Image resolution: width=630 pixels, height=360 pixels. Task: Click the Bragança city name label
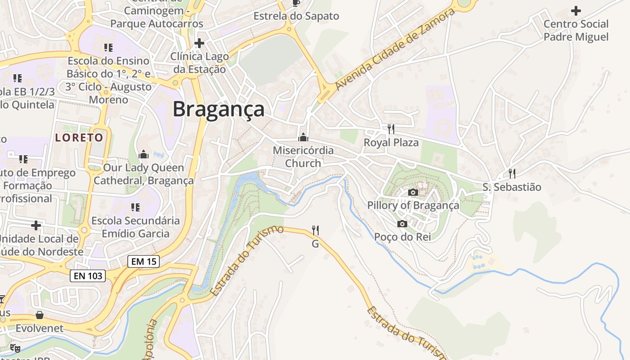coord(219,109)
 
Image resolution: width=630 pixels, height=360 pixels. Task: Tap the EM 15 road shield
coord(143,261)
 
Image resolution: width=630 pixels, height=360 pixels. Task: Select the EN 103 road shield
coord(88,275)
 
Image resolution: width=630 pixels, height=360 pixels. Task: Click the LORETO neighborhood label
coord(79,137)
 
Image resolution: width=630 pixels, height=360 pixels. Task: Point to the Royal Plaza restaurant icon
coord(391,129)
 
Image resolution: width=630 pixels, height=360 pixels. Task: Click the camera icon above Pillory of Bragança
coord(413,193)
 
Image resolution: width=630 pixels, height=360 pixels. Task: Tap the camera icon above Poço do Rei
coord(402,224)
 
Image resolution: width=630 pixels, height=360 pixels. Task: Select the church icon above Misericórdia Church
coord(303,137)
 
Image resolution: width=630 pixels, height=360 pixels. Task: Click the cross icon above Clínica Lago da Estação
coord(199,43)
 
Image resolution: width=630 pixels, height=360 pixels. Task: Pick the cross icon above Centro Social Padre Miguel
coord(576,11)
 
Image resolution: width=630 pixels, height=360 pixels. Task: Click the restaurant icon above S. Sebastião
coord(512,174)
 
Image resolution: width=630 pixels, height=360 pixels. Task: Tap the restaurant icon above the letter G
coord(315,230)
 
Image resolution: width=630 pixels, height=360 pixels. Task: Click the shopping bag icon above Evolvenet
coord(40,315)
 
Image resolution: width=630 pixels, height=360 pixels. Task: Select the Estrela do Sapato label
coord(296,16)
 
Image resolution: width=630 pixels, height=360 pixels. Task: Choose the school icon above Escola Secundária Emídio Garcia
coord(135,207)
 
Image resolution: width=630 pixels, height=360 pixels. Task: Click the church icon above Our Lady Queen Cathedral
coord(144,154)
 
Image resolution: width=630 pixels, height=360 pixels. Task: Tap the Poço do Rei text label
coord(402,237)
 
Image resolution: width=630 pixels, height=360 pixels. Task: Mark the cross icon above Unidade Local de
coord(36,225)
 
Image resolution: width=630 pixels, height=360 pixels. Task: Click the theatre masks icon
coord(15,348)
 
